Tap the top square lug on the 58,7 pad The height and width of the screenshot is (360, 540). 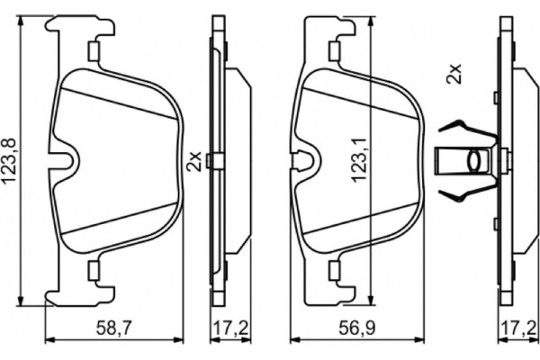tap(93, 51)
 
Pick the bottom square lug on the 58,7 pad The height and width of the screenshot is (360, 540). tap(93, 268)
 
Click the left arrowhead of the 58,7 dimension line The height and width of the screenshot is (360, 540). tap(49, 338)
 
